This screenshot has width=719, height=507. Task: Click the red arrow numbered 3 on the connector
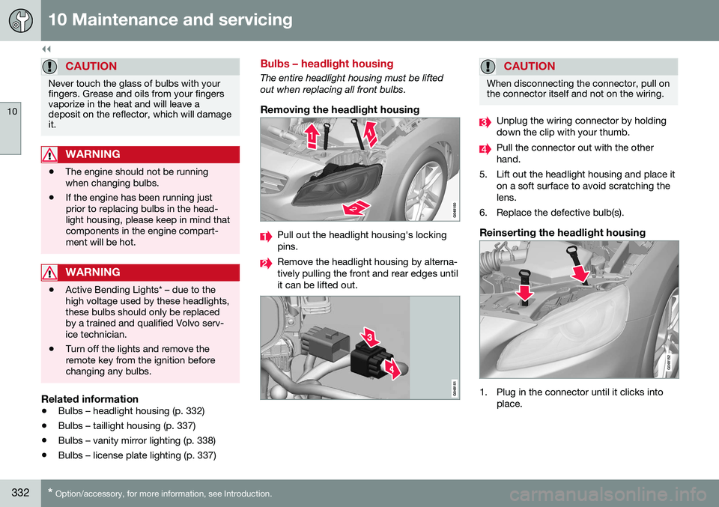pos(368,338)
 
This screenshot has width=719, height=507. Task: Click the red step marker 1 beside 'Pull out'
pos(265,237)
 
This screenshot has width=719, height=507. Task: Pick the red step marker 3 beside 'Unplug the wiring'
pos(485,121)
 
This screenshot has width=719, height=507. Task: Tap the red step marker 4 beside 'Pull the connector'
pos(485,148)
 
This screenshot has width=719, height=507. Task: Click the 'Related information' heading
pos(89,398)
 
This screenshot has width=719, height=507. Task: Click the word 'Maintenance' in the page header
pos(138,19)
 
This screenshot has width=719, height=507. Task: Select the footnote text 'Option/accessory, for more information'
pos(168,494)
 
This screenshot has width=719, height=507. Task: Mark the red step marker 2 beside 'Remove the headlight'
pos(265,263)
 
